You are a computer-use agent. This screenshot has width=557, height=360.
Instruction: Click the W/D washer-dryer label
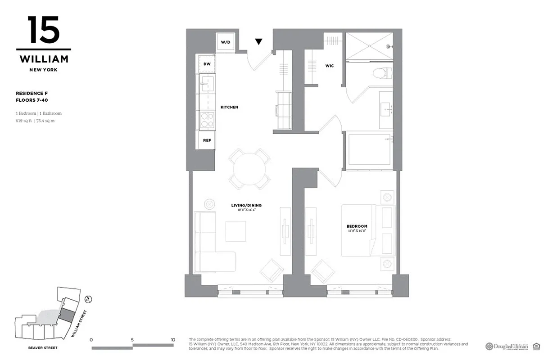pos(225,42)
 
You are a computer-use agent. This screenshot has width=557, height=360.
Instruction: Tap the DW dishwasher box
pos(207,64)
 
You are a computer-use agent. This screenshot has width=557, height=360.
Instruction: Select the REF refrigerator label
pos(207,140)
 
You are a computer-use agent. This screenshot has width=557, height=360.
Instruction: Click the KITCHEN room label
pos(229,107)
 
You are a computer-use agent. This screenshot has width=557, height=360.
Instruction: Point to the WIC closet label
pos(330,66)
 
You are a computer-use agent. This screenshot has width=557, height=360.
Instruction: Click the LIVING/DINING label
pos(246,205)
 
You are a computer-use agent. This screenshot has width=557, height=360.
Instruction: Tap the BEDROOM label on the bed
pos(357,226)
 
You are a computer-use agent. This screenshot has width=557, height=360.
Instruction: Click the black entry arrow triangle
pos(258,42)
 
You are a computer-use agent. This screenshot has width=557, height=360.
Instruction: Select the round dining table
pos(249,168)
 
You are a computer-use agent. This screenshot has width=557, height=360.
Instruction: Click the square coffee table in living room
pos(236,231)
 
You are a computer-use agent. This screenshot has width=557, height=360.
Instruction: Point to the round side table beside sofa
pos(210,204)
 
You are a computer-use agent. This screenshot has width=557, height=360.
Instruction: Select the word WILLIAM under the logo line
pos(43,59)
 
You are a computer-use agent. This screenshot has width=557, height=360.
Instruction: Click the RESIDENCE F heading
pos(32,93)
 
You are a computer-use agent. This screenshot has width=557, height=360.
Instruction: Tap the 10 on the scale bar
pos(173,340)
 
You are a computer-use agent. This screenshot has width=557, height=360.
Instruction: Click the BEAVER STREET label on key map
pos(43,348)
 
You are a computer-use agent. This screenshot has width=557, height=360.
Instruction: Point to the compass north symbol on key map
pos(89,298)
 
